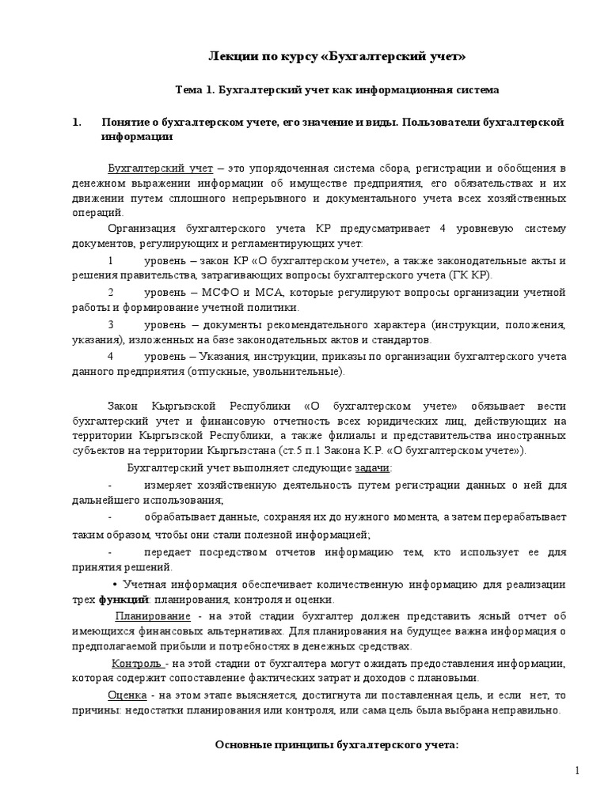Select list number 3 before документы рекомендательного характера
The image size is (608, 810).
[111, 324]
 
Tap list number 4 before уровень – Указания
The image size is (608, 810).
[111, 356]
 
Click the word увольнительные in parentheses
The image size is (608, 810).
[303, 371]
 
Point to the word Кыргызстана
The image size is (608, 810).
[263, 450]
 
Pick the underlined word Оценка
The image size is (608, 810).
[127, 695]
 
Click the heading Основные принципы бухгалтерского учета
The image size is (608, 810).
[337, 746]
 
